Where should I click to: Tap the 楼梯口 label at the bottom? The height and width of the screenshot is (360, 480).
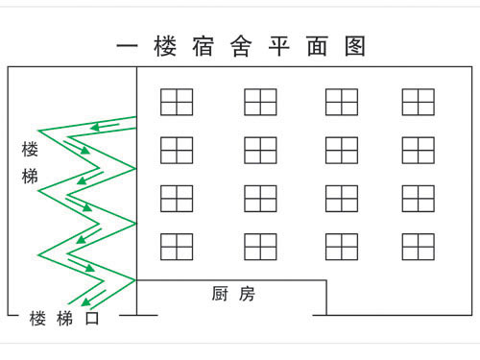[64, 319]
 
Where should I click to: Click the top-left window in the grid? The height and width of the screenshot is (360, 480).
[177, 102]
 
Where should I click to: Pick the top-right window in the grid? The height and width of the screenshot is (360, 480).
[419, 102]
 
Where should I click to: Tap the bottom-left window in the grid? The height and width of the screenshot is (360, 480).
[177, 247]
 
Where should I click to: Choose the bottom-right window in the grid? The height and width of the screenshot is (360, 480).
[419, 247]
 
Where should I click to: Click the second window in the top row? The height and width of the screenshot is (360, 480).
[260, 102]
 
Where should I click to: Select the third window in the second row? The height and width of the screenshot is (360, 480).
[341, 150]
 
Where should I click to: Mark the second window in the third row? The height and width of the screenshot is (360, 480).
[260, 198]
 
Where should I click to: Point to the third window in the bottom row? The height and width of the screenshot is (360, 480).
[341, 247]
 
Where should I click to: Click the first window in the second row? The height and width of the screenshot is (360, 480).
[177, 150]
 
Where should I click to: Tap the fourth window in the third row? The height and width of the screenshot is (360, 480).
[419, 198]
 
